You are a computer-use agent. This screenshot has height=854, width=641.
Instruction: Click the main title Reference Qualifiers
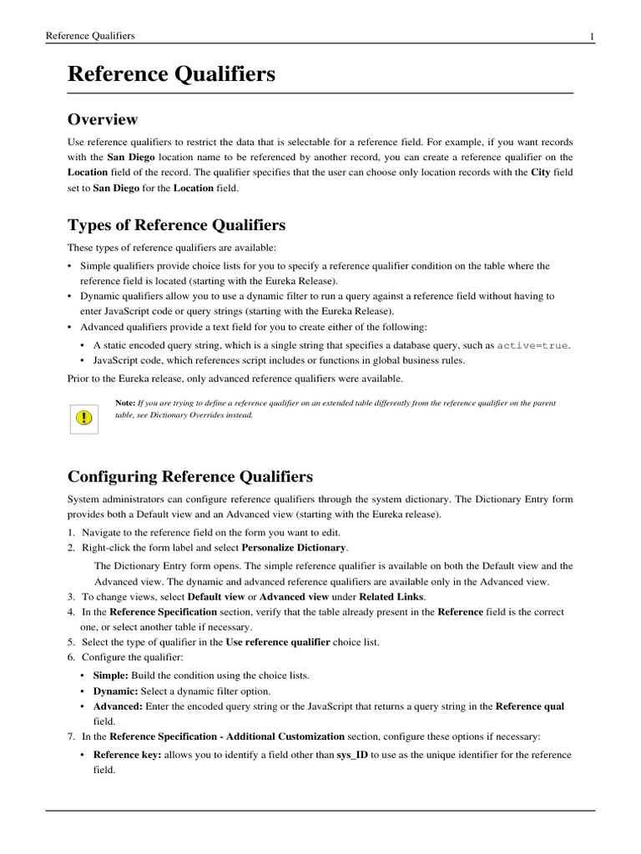coord(171,74)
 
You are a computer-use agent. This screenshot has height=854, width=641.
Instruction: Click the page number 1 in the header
coord(591,36)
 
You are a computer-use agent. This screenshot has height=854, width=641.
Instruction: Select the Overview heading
coord(102,119)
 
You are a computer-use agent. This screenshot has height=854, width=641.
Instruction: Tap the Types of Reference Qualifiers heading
coord(175,225)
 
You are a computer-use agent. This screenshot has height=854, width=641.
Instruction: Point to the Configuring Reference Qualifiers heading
coord(189,476)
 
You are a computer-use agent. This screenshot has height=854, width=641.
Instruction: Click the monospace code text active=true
coord(533,345)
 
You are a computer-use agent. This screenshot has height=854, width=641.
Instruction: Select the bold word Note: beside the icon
coord(125,402)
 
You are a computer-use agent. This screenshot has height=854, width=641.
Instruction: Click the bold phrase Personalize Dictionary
coord(294,548)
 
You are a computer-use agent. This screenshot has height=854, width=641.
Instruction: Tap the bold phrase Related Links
coord(389,597)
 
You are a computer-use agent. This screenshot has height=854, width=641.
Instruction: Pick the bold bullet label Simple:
coord(110,674)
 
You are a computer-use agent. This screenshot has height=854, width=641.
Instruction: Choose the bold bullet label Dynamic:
coord(115,691)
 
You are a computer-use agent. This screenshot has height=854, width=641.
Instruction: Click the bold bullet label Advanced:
coord(118,706)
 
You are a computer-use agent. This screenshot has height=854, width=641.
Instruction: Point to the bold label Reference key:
coord(128,755)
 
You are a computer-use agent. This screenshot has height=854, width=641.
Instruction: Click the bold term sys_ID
coord(352,755)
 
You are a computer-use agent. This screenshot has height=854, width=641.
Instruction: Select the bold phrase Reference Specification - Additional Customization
coord(227,736)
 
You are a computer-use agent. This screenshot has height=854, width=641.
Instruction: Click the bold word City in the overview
coord(540,173)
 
